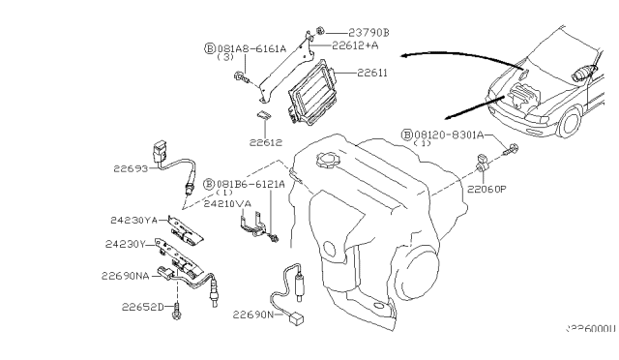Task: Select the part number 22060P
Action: click(487, 190)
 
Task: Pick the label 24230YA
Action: click(134, 219)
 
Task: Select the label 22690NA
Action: click(125, 275)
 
